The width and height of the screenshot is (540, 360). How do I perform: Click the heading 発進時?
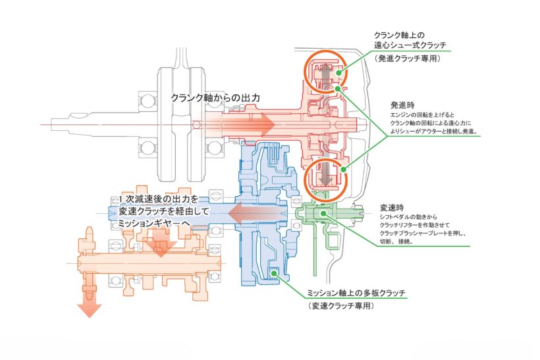pyautogui.click(x=402, y=105)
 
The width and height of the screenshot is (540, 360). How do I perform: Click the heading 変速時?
pyautogui.click(x=392, y=208)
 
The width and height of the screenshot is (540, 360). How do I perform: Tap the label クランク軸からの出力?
pyautogui.click(x=215, y=98)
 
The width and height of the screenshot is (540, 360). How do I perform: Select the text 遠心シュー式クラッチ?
pyautogui.click(x=410, y=45)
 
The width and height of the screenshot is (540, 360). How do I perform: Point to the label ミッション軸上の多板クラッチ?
pyautogui.click(x=356, y=293)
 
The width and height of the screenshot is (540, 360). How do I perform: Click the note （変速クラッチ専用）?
pyautogui.click(x=341, y=305)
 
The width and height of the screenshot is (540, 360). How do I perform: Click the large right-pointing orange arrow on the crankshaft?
pyautogui.click(x=241, y=124)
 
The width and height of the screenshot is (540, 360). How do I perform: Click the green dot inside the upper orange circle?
pyautogui.click(x=339, y=72)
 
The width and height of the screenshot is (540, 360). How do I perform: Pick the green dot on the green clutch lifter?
pyautogui.click(x=323, y=213)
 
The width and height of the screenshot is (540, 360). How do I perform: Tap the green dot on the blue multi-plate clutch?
pyautogui.click(x=274, y=274)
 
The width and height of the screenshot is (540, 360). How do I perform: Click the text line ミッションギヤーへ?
pyautogui.click(x=154, y=223)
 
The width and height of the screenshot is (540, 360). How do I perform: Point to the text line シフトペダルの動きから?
pyautogui.click(x=408, y=217)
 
